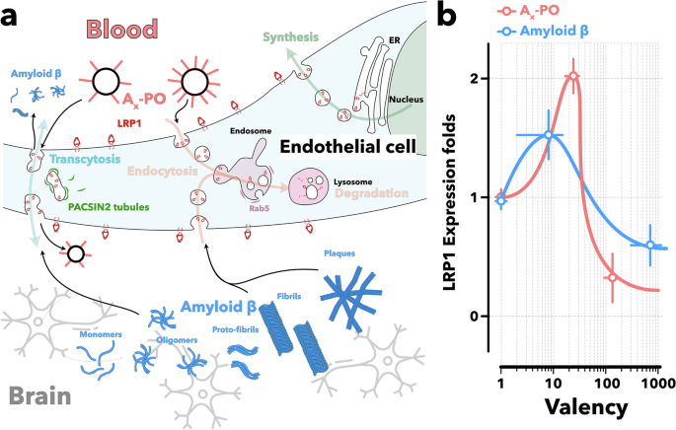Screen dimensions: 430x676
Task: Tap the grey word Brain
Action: pos(41,397)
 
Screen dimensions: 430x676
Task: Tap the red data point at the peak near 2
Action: pos(573,76)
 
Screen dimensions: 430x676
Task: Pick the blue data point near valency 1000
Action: pos(649,246)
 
